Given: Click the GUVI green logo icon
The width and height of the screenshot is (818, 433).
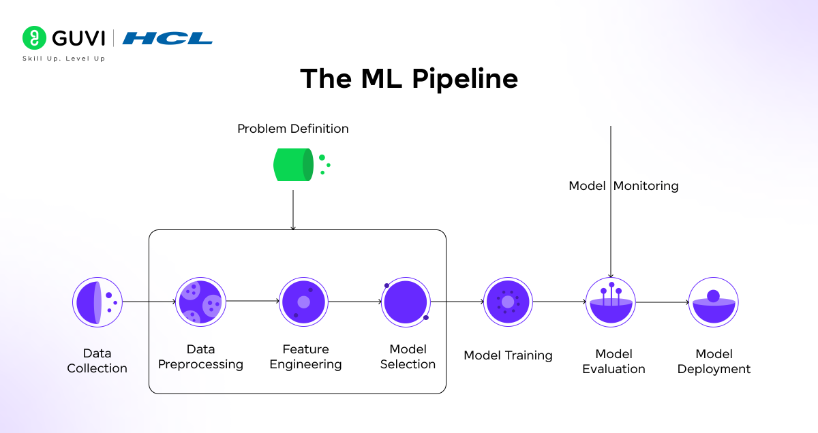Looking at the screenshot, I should (x=34, y=38).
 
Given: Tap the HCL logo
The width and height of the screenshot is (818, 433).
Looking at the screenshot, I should (x=168, y=38).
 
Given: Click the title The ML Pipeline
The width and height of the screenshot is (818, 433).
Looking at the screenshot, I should (x=409, y=79).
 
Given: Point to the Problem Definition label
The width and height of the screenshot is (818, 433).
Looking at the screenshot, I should (x=292, y=129).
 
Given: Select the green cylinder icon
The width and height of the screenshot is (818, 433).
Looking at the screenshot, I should (x=294, y=165).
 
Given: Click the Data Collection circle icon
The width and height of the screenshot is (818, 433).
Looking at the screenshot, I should (x=97, y=302).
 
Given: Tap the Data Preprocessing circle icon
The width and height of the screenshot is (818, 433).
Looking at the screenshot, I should (x=200, y=302).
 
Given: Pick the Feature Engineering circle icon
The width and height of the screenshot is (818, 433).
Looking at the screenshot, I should (x=303, y=302).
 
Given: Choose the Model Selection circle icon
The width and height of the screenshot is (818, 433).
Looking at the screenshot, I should (x=406, y=302).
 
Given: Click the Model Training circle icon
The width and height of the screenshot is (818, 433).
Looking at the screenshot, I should (x=508, y=302).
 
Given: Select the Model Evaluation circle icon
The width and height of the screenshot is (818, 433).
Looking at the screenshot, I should (x=611, y=302).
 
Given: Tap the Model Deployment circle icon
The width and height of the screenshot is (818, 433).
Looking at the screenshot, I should (x=713, y=302).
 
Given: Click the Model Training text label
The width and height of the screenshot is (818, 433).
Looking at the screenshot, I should (x=508, y=355).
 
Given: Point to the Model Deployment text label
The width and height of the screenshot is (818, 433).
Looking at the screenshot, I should (x=714, y=362).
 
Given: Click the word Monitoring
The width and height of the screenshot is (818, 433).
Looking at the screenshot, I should (x=646, y=186).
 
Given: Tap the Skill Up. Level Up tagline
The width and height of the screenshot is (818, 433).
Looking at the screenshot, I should (x=64, y=59).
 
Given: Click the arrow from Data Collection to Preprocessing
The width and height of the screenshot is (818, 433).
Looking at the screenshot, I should (x=149, y=302).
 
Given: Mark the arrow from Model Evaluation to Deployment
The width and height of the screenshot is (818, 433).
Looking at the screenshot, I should (x=662, y=302).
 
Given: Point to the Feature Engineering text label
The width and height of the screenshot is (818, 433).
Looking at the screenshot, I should (x=305, y=357).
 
